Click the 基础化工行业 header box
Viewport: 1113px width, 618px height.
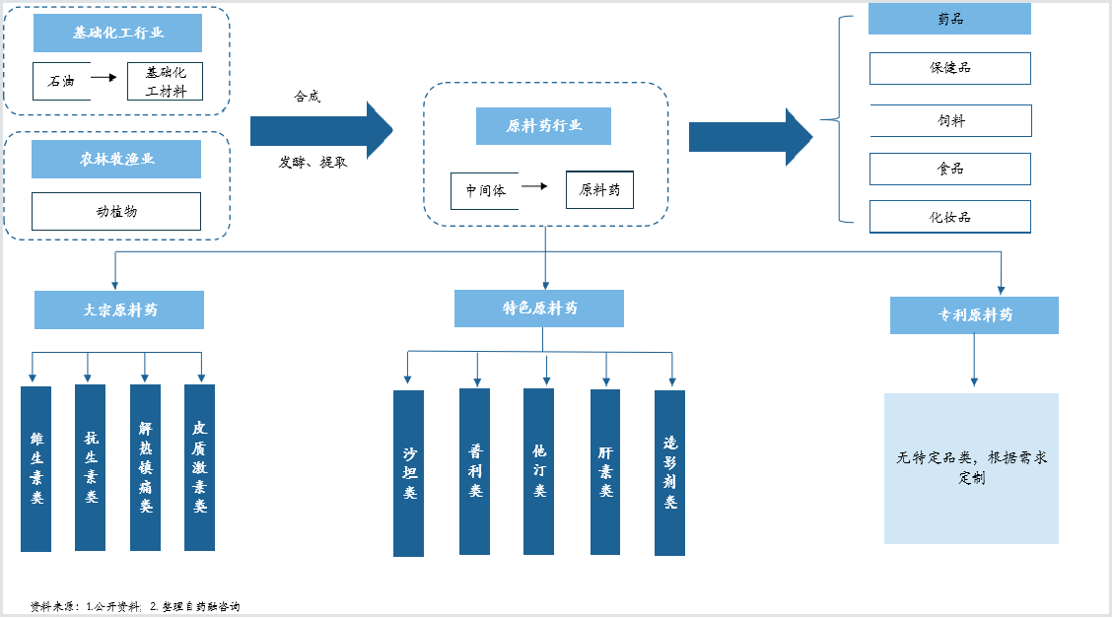coord(118,33)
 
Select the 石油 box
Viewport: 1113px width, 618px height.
coord(62,81)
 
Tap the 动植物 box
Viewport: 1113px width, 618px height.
coord(116,212)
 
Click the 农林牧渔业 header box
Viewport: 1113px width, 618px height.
coord(116,159)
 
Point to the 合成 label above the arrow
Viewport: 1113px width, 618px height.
coord(308,97)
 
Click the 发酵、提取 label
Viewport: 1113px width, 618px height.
coord(313,163)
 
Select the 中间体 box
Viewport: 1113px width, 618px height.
coord(485,191)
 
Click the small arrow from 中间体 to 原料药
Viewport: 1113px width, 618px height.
coord(534,186)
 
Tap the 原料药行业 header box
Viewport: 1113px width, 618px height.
coord(544,126)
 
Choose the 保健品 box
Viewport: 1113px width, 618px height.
coord(950,68)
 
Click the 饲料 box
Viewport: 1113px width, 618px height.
coord(950,120)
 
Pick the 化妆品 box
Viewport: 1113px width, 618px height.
coord(950,217)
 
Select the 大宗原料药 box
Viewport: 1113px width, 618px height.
coord(119,310)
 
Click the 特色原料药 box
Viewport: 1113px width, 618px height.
coord(539,309)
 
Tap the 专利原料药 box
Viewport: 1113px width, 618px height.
coord(975,315)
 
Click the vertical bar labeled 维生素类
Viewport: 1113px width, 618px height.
coord(36,469)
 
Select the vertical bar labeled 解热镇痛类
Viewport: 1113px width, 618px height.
coord(146,467)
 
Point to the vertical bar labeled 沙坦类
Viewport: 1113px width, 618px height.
coord(409,473)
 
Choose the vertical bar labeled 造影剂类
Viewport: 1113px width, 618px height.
coord(670,472)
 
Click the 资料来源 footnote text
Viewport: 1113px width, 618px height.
coord(135,606)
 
